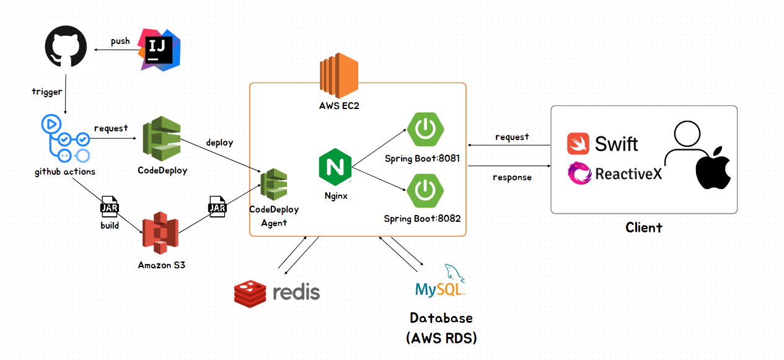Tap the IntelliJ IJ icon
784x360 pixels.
pyautogui.click(x=159, y=49)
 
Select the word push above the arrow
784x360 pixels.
pyautogui.click(x=120, y=41)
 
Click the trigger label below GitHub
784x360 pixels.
pyautogui.click(x=47, y=92)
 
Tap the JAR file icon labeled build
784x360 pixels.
pyautogui.click(x=110, y=207)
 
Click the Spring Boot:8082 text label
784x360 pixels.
pyautogui.click(x=422, y=218)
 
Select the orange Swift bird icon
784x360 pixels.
pyautogui.click(x=578, y=144)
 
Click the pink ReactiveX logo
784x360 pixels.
pyautogui.click(x=579, y=173)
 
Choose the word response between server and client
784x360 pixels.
pyautogui.click(x=512, y=177)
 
